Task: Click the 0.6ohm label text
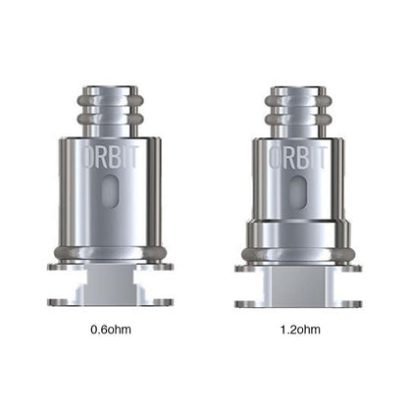click(x=109, y=329)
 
